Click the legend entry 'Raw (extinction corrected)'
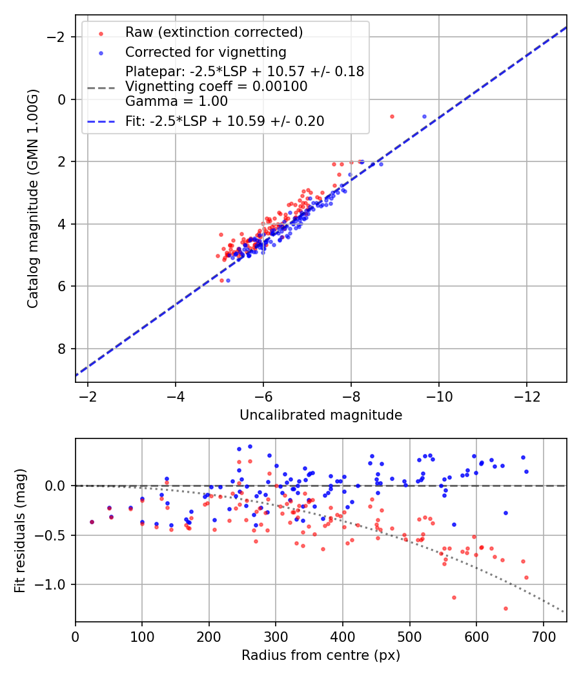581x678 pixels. pos(214,32)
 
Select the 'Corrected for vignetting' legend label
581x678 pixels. pos(205,52)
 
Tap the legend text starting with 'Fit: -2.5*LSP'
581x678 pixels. pos(225,121)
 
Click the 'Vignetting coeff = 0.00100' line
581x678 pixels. pos(216,86)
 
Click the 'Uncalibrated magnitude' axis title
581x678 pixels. pos(321,415)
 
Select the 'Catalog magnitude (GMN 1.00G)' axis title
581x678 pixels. pos(33,198)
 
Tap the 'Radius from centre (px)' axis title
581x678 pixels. pos(321,655)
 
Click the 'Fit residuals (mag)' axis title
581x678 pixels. pos(20,530)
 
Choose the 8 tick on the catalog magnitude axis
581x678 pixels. pos(63,349)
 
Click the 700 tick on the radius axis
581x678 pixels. pos(543,635)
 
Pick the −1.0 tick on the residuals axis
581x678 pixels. pos(57,585)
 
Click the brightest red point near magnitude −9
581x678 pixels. pos(392,116)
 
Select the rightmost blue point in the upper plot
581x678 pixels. pos(424,116)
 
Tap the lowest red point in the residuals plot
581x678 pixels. pos(505,608)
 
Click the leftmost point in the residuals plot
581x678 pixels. pos(92,522)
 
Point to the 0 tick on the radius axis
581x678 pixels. pos(76,635)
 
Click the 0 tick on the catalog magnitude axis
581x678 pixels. pos(63,99)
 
